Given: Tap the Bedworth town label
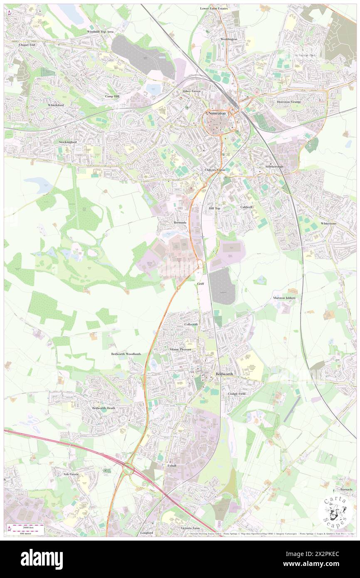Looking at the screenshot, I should (x=225, y=374).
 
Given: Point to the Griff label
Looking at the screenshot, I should (x=200, y=283).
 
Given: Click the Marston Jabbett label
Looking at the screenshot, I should (x=284, y=298).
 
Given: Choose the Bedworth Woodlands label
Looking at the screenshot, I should (x=126, y=354).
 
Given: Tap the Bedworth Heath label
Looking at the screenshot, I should (x=104, y=408).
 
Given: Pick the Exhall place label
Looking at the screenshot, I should (x=172, y=465).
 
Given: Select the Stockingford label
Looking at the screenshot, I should (x=68, y=142).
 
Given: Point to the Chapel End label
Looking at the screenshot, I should (x=27, y=44).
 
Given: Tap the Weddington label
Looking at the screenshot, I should (x=229, y=39).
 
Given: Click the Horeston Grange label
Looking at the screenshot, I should (x=289, y=102).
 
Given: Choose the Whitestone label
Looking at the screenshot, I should (x=328, y=223).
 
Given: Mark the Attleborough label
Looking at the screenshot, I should (x=274, y=166).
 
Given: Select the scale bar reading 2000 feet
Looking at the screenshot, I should (x=27, y=526).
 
